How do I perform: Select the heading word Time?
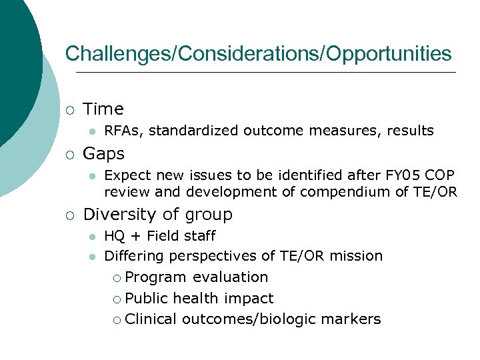103,109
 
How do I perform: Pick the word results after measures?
407,131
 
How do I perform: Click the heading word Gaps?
104,154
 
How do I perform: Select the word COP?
441,175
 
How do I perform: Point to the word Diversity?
117,215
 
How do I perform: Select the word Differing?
135,256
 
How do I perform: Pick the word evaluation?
231,277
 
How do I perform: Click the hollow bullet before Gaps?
69,155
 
